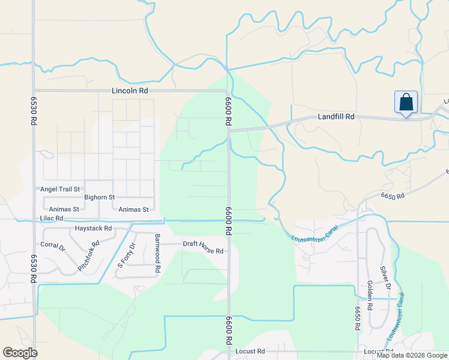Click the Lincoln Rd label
click(x=130, y=91)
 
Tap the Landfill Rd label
click(x=337, y=118)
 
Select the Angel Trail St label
click(x=60, y=189)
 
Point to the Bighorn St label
click(x=99, y=197)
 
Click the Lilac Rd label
click(x=51, y=218)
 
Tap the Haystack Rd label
click(x=93, y=228)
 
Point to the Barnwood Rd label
click(x=157, y=253)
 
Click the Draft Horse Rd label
click(x=203, y=244)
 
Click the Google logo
click(x=20, y=353)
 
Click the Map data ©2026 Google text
click(x=412, y=355)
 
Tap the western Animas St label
click(x=64, y=209)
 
